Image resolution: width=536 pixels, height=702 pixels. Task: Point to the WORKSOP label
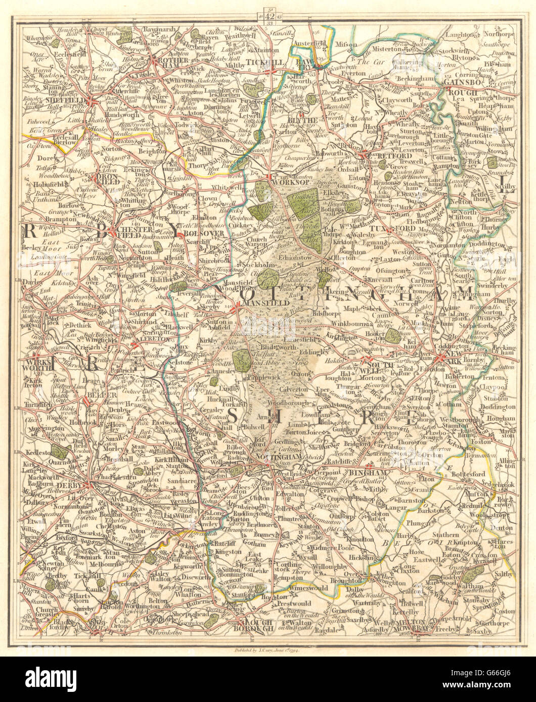point(277,181)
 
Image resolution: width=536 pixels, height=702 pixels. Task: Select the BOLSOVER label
point(196,233)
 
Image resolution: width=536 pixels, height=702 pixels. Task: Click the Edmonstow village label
point(288,257)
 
